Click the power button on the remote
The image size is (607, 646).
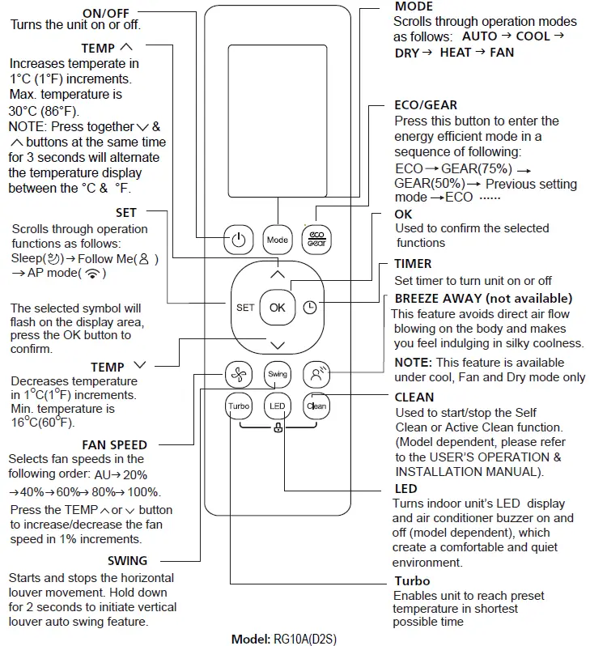click(237, 240)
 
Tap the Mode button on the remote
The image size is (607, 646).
click(277, 240)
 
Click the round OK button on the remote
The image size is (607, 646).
click(277, 308)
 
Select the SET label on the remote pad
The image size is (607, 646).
click(245, 308)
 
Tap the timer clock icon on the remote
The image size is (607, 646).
click(309, 308)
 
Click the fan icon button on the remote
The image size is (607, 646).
click(237, 374)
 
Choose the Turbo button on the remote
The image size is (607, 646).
click(238, 406)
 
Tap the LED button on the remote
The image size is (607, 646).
click(277, 406)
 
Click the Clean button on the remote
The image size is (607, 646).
click(316, 406)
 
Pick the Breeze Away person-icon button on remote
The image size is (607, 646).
click(316, 374)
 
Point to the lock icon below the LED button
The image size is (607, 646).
click(278, 428)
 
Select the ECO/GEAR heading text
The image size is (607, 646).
click(425, 105)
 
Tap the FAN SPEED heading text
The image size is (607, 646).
click(114, 444)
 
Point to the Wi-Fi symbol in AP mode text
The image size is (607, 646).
click(96, 274)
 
